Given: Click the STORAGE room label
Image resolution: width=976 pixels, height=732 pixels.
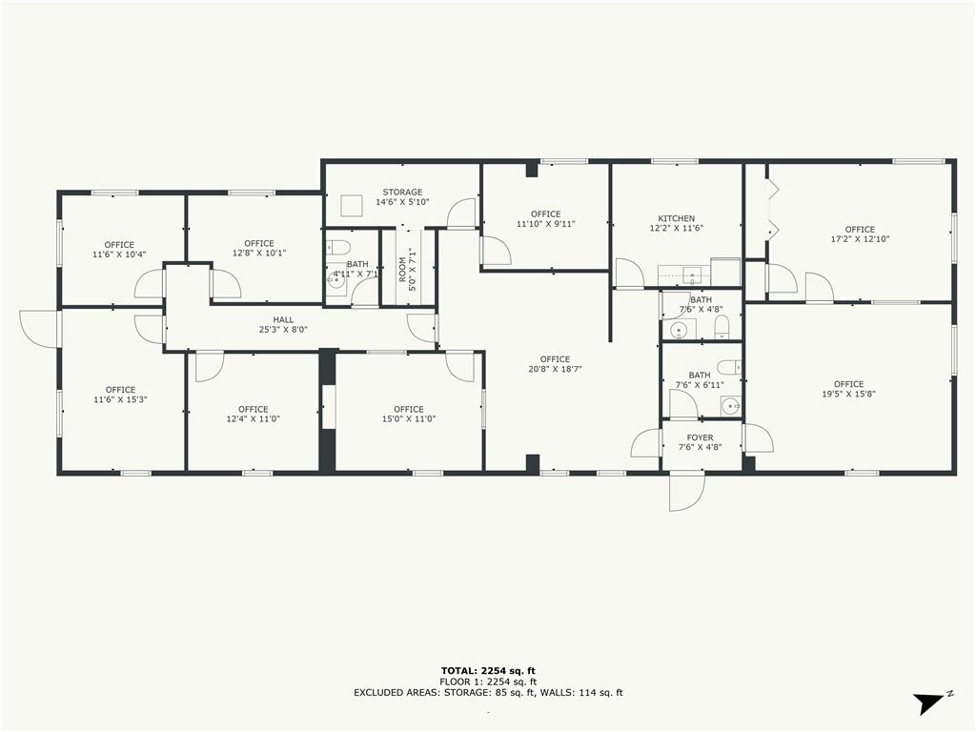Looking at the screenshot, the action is click(x=402, y=193).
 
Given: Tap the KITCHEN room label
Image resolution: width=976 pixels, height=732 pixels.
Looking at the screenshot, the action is click(x=676, y=218).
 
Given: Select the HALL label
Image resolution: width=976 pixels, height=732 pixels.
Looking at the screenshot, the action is click(x=283, y=320).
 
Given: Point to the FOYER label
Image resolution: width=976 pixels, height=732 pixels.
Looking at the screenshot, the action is click(x=701, y=437).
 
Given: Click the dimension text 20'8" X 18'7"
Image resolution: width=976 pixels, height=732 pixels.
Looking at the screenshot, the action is click(x=555, y=369).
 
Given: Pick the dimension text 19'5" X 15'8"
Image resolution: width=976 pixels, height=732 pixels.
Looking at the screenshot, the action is click(x=848, y=394).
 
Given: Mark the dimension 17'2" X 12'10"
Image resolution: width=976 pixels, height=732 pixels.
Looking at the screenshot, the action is click(x=860, y=239).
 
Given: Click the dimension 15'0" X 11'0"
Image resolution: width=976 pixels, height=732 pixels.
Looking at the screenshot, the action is click(x=408, y=419).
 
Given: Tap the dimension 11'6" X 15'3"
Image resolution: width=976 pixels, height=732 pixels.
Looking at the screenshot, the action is click(x=120, y=399).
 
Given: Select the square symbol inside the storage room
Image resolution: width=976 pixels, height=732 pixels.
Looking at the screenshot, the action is click(x=352, y=206).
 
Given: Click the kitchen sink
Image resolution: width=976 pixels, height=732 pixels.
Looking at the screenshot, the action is click(x=692, y=273).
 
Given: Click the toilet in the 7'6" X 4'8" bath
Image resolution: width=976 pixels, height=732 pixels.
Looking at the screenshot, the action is click(x=722, y=327).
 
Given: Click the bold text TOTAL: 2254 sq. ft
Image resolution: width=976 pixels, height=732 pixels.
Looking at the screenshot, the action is click(x=488, y=671).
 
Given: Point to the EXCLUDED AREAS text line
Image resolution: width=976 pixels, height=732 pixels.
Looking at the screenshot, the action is click(x=488, y=692).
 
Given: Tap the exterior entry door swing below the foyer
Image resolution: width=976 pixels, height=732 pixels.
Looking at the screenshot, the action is click(x=687, y=492).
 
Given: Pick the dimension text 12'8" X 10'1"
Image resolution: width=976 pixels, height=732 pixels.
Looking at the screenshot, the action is click(x=259, y=254).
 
